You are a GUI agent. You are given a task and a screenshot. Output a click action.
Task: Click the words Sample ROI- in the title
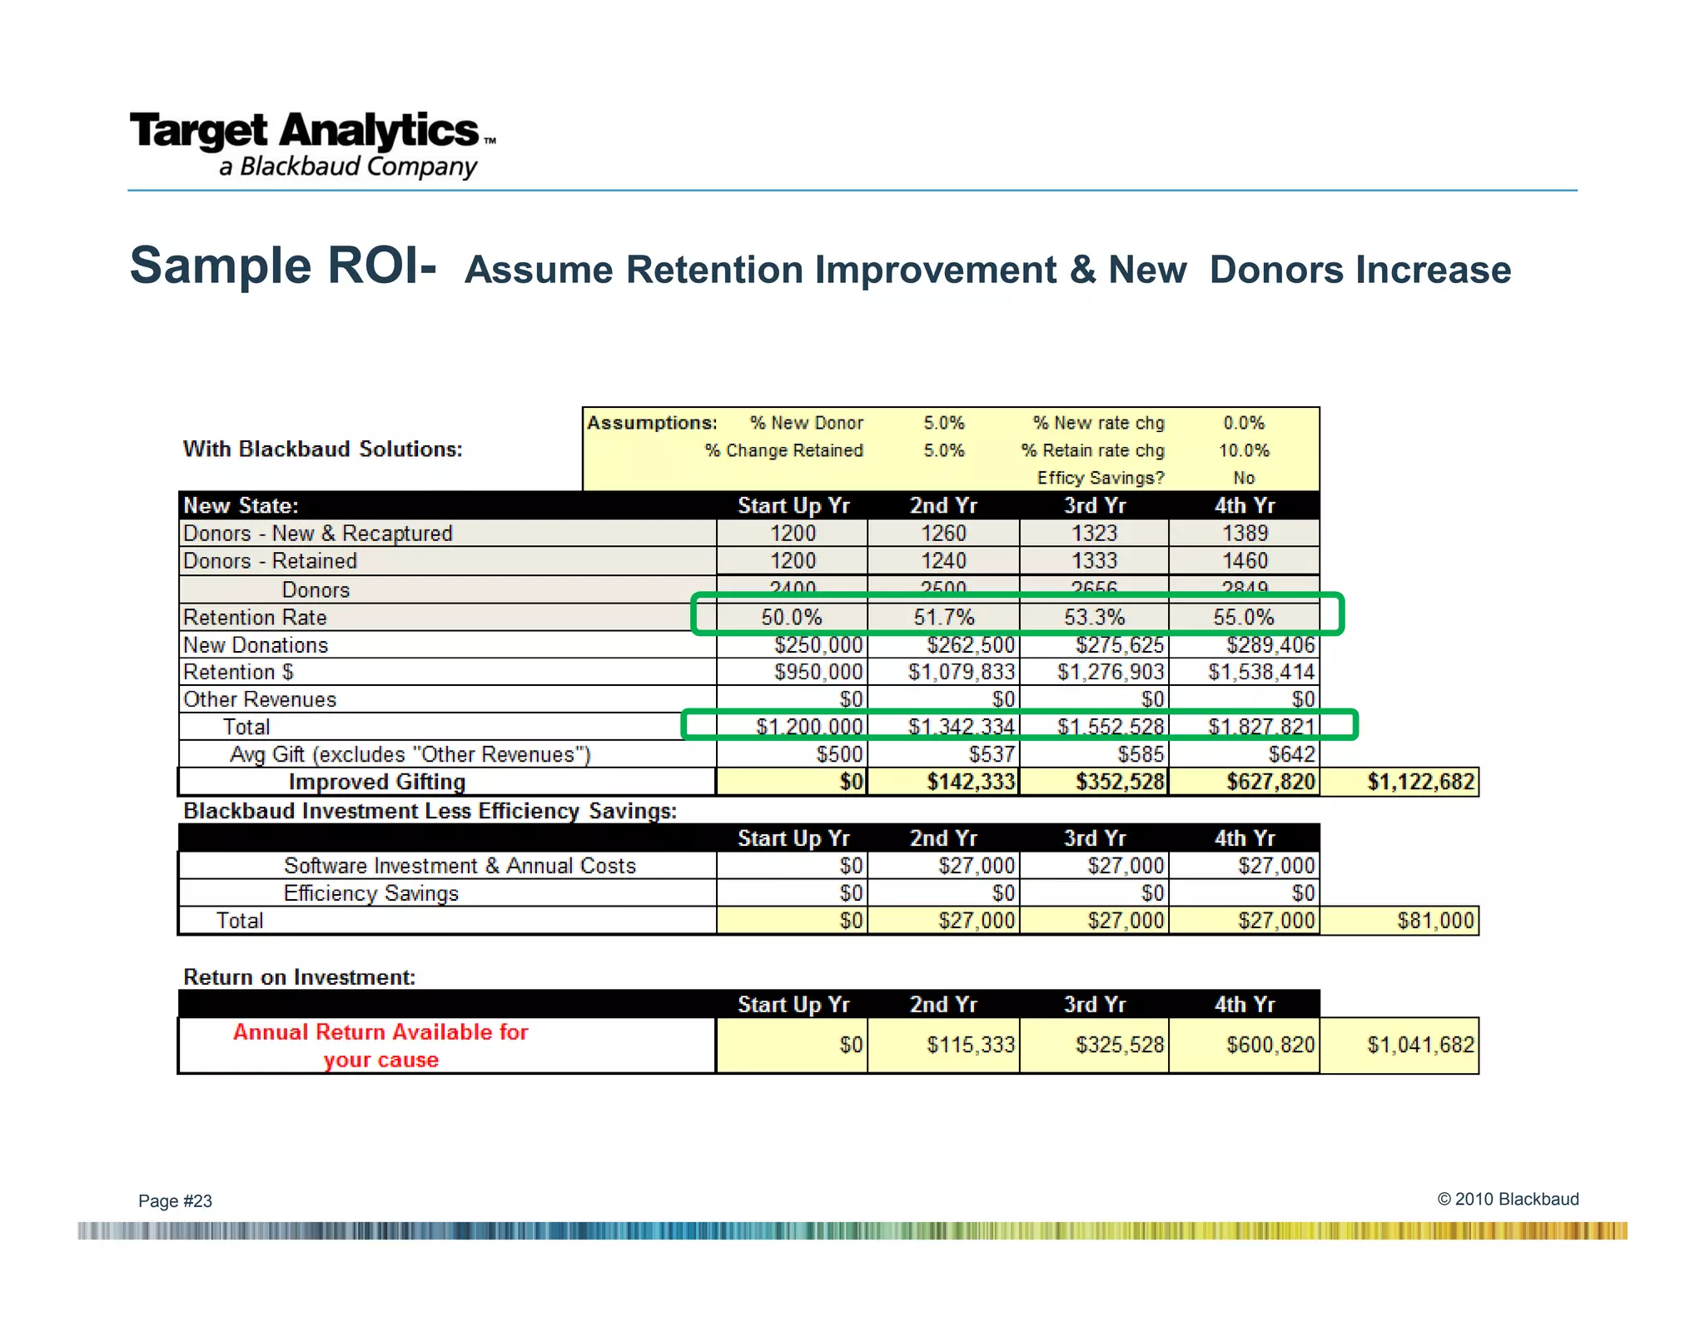click(x=283, y=266)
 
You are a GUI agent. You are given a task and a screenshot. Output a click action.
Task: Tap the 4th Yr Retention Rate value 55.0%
click(x=1243, y=617)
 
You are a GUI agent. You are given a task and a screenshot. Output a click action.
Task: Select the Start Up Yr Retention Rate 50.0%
click(x=791, y=617)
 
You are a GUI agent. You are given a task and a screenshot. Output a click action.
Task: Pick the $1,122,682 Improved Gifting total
click(x=1419, y=782)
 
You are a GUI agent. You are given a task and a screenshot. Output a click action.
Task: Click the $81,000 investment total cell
click(x=1434, y=920)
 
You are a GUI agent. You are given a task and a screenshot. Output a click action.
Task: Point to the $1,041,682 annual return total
click(x=1419, y=1045)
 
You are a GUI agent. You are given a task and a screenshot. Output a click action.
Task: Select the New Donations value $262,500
click(x=970, y=645)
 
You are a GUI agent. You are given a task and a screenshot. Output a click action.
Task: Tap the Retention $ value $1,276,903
click(x=1110, y=672)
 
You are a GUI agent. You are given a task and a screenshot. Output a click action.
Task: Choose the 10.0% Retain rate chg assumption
click(x=1244, y=450)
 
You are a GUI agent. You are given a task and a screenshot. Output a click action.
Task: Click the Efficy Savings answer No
click(x=1244, y=478)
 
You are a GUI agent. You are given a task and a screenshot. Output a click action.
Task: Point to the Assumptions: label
click(x=652, y=423)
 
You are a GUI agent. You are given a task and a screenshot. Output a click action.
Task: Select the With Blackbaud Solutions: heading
click(x=322, y=449)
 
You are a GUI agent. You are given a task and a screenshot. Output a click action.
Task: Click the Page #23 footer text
click(x=175, y=1200)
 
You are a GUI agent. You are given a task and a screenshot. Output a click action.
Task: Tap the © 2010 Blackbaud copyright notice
click(x=1508, y=1199)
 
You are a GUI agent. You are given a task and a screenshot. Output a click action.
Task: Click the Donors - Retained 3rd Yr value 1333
click(x=1094, y=561)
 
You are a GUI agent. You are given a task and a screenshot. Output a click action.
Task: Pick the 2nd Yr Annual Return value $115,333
click(x=970, y=1045)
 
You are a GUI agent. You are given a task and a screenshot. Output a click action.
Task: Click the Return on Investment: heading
click(x=299, y=977)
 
